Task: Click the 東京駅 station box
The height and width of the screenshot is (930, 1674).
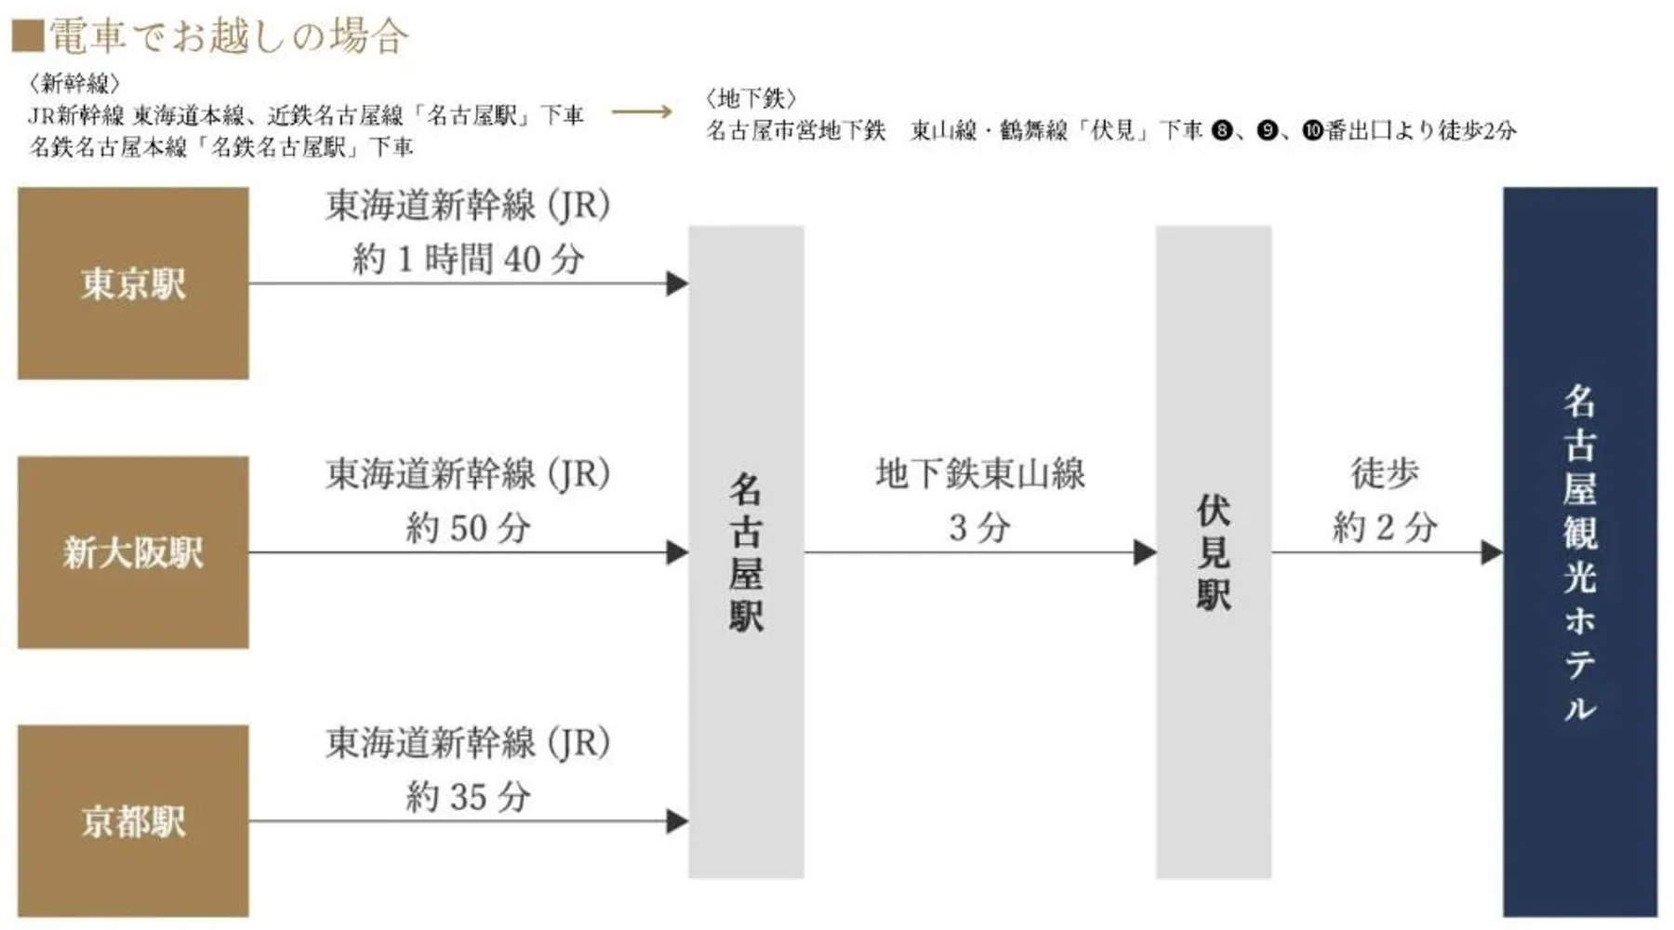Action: point(133,284)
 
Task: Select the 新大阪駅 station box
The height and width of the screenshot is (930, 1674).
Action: point(133,552)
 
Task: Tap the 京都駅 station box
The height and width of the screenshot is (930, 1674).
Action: point(133,821)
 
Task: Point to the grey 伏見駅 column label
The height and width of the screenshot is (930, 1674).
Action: point(1214,552)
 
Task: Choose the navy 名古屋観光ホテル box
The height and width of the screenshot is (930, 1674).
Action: point(1580,552)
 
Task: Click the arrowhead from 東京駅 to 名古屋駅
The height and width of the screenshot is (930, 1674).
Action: point(678,284)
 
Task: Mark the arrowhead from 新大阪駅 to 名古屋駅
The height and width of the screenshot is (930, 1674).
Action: point(678,552)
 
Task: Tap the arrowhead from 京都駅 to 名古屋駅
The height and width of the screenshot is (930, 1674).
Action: point(678,821)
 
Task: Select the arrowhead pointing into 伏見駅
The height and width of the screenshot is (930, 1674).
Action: point(1145,552)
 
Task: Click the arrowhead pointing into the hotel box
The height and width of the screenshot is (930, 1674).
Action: point(1493,552)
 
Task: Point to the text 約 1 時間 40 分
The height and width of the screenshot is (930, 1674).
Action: point(468,259)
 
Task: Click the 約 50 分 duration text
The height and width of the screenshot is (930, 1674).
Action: point(468,528)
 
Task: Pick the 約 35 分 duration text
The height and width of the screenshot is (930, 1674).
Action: point(468,797)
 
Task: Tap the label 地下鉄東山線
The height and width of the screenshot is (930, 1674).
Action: point(980,474)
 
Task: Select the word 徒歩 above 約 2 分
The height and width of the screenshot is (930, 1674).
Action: point(1385,474)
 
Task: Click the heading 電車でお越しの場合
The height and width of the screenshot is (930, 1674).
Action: point(229,36)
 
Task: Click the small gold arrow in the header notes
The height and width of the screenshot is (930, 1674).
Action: point(642,113)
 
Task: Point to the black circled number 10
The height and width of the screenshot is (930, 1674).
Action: point(1312,130)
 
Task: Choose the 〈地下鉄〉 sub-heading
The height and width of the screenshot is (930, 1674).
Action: point(751,99)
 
